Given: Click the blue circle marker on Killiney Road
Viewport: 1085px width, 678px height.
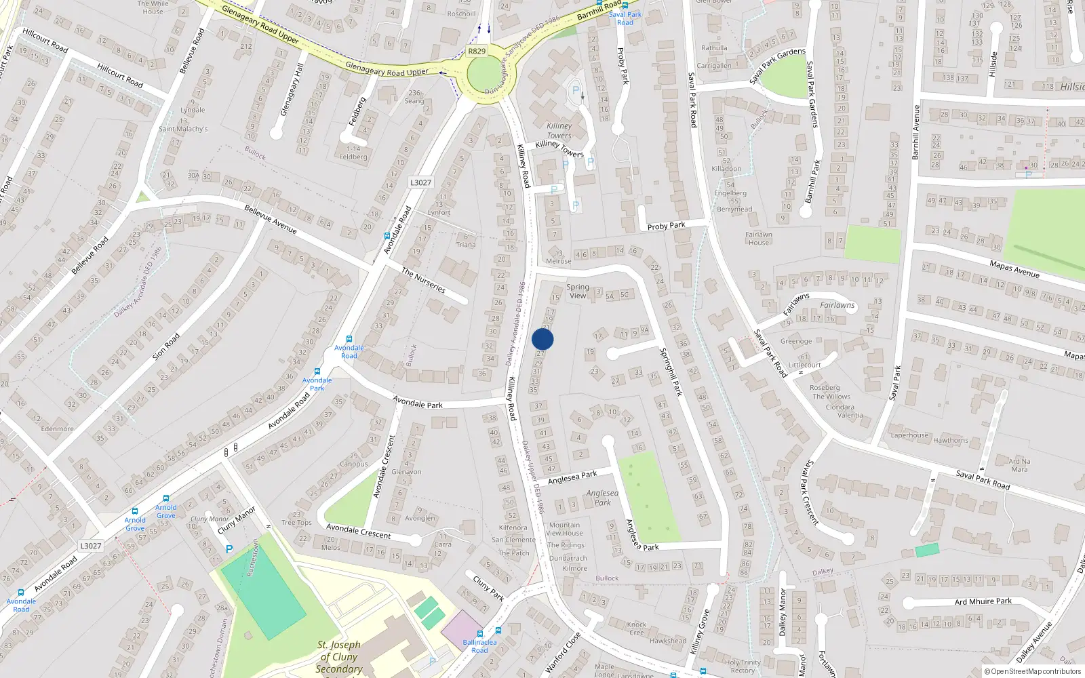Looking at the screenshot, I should pyautogui.click(x=542, y=340).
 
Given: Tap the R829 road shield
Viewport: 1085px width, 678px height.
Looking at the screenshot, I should pyautogui.click(x=477, y=51).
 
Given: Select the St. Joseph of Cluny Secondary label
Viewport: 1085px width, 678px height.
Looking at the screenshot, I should pyautogui.click(x=338, y=657).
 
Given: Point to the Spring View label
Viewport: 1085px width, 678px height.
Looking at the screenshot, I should pyautogui.click(x=577, y=291).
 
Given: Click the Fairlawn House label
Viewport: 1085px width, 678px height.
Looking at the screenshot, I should pyautogui.click(x=759, y=239).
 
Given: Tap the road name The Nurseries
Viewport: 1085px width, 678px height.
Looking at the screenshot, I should pyautogui.click(x=423, y=280).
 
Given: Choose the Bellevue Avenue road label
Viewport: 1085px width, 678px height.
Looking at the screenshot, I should pyautogui.click(x=270, y=218).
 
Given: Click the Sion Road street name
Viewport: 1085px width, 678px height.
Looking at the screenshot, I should pyautogui.click(x=166, y=346).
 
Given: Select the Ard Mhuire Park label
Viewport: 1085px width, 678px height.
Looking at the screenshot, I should pyautogui.click(x=983, y=601).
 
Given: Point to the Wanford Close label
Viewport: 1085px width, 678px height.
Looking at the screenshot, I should pyautogui.click(x=563, y=652).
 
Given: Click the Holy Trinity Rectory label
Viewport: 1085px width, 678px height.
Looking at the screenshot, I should pyautogui.click(x=743, y=666).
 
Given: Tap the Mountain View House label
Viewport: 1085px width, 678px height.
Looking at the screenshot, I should pyautogui.click(x=564, y=529).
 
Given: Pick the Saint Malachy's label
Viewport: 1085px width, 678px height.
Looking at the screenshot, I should pyautogui.click(x=183, y=129).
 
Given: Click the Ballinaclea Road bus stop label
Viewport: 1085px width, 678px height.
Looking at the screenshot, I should pyautogui.click(x=479, y=646).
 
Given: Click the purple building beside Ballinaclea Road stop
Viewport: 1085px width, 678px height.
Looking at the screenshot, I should pyautogui.click(x=462, y=627).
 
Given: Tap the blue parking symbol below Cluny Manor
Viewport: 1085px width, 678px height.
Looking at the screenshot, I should pyautogui.click(x=229, y=549).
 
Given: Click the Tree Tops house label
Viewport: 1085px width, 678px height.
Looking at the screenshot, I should pyautogui.click(x=296, y=523).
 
